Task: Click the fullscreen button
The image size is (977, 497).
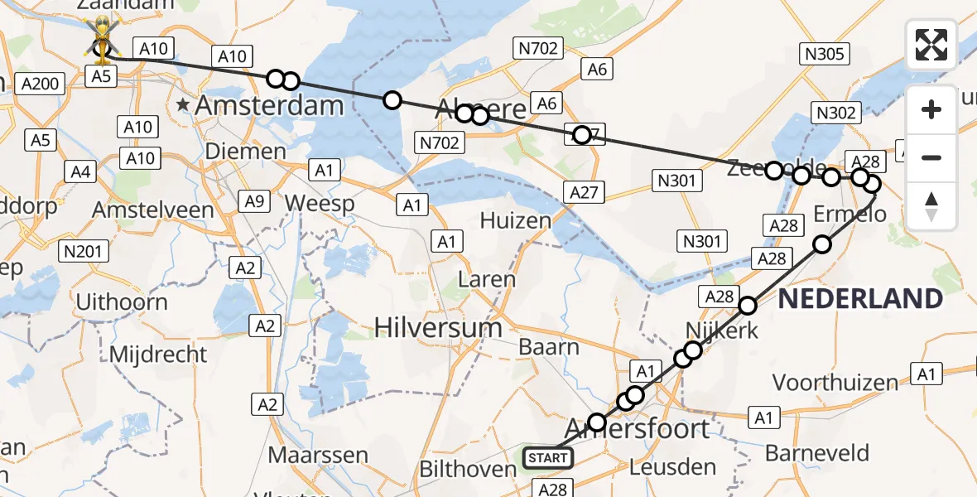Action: pos(931,44)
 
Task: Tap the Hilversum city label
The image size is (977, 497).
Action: pos(438,327)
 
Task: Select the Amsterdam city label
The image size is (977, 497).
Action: pos(269,105)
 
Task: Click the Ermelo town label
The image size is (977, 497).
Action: pos(849,215)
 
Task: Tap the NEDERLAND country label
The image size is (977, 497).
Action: pos(861,298)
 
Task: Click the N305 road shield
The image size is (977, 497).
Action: pos(824,55)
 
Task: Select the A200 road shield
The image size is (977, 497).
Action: pos(40,83)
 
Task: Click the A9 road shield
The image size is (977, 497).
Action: pos(253,200)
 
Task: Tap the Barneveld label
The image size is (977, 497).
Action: pos(817,453)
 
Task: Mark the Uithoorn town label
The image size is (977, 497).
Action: pos(122,302)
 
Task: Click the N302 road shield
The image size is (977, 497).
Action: pos(836,113)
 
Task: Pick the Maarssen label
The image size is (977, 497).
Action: pos(318,455)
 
